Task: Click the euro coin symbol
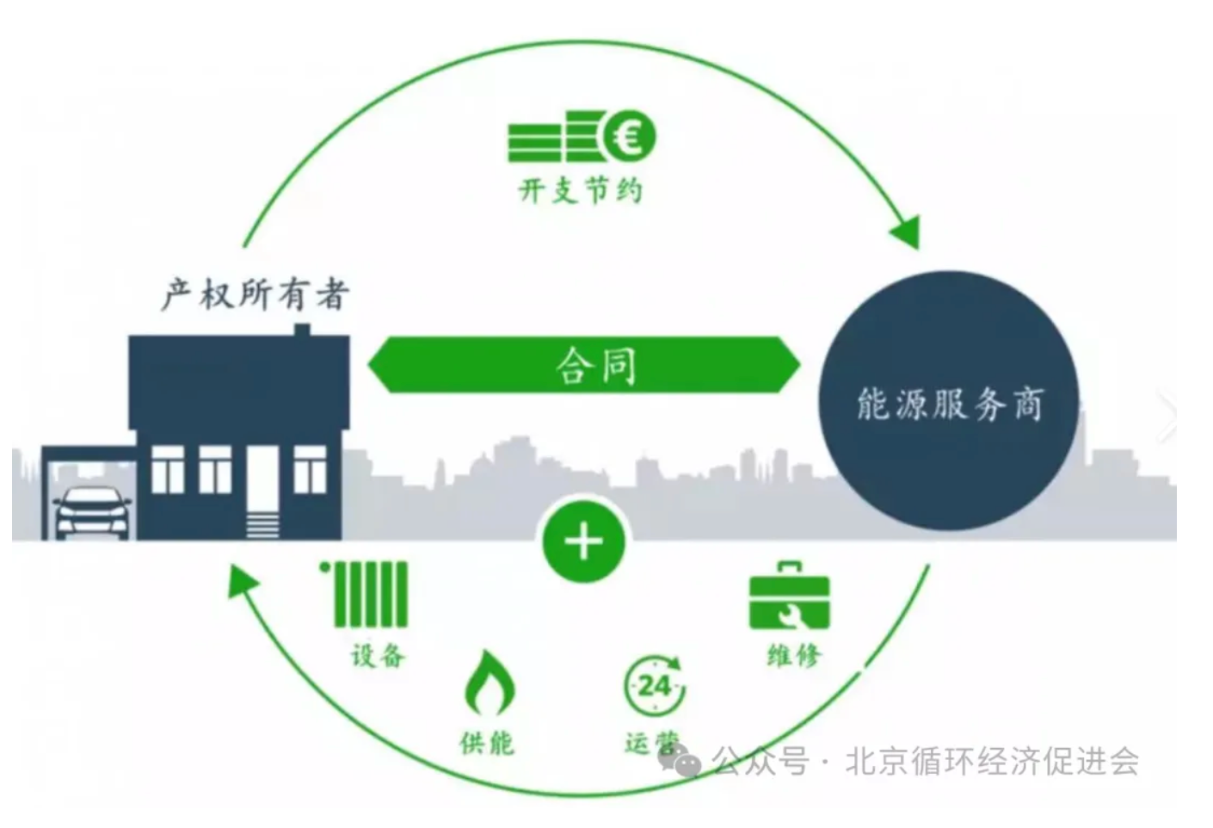point(629,136)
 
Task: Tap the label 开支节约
point(581,191)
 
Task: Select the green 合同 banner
point(584,365)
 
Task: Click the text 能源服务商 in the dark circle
point(950,403)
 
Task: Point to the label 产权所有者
point(255,294)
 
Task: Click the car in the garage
point(93,513)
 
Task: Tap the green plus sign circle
point(584,541)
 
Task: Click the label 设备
point(378,655)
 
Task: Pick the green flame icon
point(490,683)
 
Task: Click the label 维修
point(794,655)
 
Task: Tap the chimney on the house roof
point(302,330)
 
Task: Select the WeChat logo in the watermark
point(680,759)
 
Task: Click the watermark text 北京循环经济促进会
point(992,761)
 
